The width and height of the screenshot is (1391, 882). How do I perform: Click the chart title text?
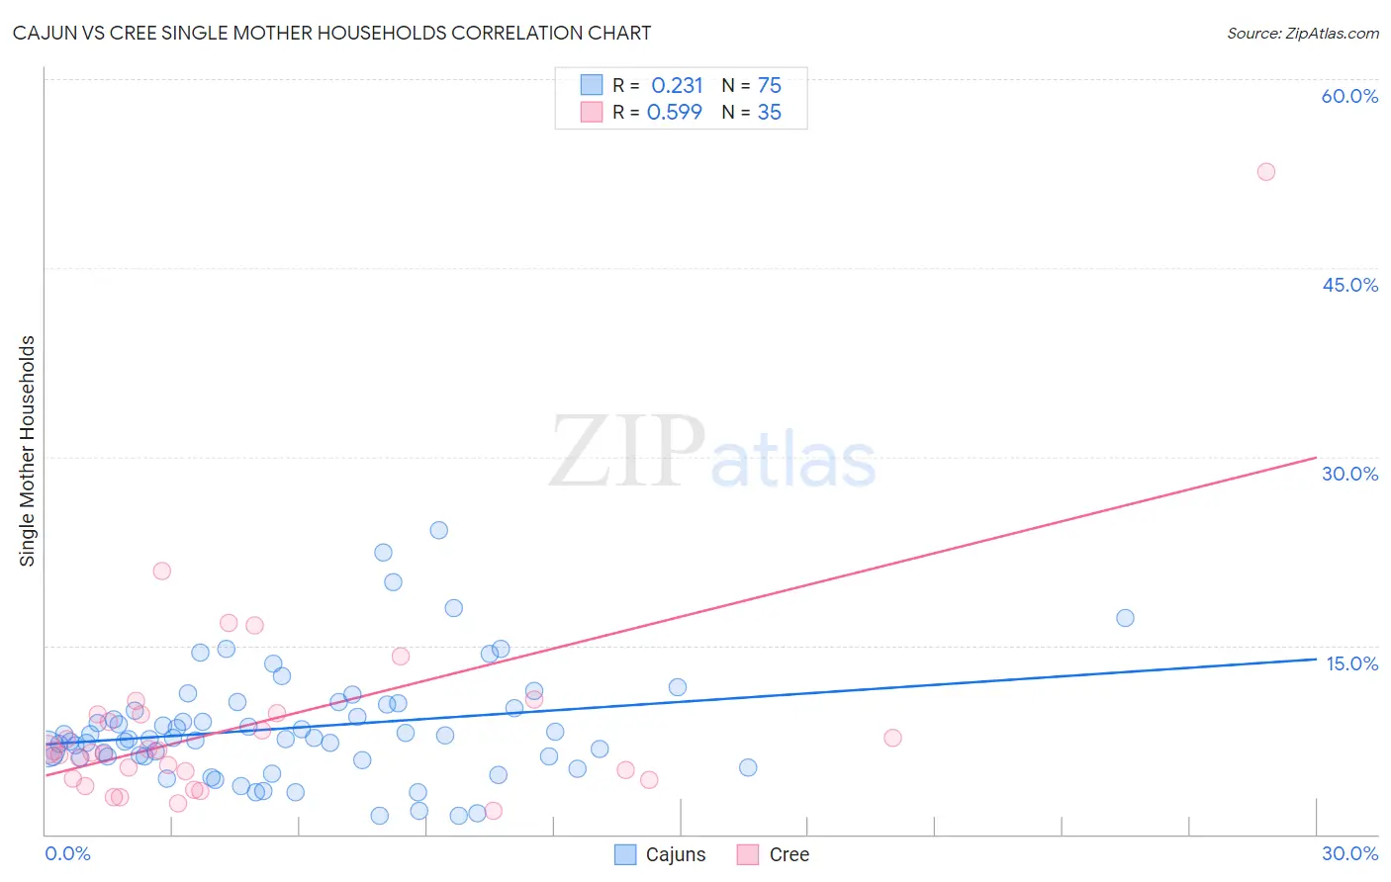point(331,33)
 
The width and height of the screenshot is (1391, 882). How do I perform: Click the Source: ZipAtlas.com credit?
point(1302,33)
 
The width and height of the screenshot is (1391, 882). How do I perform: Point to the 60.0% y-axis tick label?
point(1349,96)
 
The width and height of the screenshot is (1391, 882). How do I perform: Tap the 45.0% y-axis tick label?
point(1349,285)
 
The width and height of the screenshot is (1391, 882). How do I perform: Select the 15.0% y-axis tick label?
point(1351,663)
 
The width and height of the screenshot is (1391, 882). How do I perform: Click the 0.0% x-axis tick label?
point(67,853)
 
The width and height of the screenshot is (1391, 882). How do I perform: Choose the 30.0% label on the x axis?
point(1349,853)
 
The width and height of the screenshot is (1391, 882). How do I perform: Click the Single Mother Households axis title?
point(28,451)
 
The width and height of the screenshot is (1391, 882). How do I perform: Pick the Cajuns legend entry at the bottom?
point(661,854)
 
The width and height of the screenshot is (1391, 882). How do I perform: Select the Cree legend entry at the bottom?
point(775,854)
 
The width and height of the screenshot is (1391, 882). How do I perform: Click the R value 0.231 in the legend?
point(677,86)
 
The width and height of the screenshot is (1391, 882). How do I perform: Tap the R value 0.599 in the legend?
point(675,113)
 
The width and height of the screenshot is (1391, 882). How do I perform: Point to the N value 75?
point(770,86)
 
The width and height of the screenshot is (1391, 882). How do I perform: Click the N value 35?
point(770,113)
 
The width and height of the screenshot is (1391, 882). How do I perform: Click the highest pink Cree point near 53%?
point(1265,172)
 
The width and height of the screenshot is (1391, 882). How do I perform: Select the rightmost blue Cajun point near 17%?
point(1125,618)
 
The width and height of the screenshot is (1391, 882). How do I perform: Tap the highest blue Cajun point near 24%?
point(438,530)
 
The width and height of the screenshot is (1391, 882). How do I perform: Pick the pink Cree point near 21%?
point(162,571)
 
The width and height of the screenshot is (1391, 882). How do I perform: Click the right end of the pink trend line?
point(1316,458)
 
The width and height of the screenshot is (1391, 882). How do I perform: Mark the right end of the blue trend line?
point(1316,659)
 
